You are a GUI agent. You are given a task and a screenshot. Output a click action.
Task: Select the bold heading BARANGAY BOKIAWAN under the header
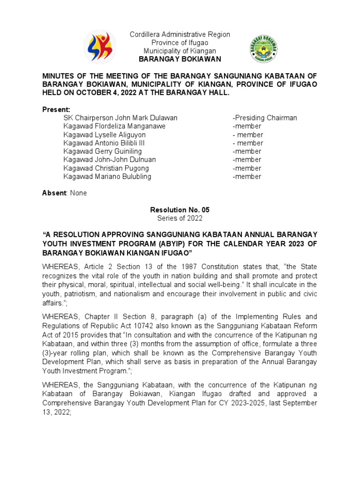pyautogui.click(x=180, y=59)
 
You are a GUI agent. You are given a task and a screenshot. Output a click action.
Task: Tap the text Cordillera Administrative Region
pyautogui.click(x=180, y=34)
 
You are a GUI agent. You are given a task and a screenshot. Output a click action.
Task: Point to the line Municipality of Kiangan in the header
pyautogui.click(x=180, y=51)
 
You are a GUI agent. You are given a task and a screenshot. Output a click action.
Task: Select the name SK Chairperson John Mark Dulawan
pyautogui.click(x=120, y=118)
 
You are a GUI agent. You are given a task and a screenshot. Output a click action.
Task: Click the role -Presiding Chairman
pyautogui.click(x=264, y=118)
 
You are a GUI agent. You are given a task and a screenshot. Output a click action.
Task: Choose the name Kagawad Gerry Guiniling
pyautogui.click(x=103, y=151)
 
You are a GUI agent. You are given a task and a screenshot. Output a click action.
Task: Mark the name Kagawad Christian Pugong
pyautogui.click(x=106, y=168)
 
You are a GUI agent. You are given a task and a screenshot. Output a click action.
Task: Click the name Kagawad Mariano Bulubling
pyautogui.click(x=107, y=177)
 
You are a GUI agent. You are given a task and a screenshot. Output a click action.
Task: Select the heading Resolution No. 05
pyautogui.click(x=180, y=210)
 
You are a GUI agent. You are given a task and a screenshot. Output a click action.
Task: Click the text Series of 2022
pyautogui.click(x=180, y=218)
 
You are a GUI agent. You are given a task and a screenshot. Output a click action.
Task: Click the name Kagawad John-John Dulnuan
pyautogui.click(x=110, y=160)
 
